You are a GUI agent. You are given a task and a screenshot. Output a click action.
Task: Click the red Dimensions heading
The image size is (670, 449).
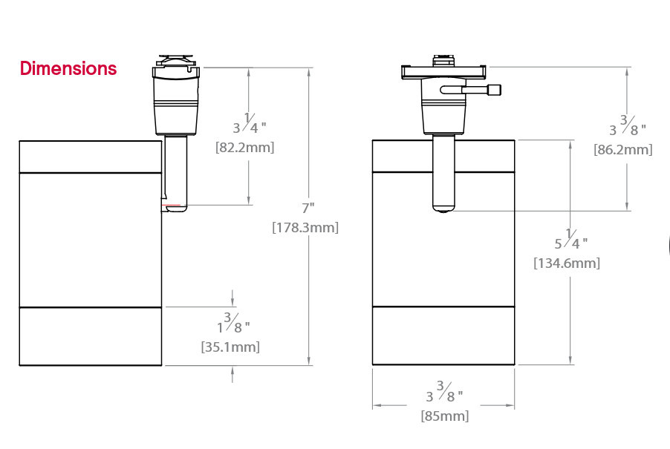(x=68, y=68)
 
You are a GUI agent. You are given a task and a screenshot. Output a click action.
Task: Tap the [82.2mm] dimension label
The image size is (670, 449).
(x=245, y=148)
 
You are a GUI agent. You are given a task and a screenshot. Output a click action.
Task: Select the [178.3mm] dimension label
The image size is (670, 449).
(x=305, y=228)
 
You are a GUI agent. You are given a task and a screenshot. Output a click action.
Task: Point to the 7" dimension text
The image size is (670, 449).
(x=308, y=208)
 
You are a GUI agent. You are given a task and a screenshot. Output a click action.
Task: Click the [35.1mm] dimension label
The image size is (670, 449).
(x=230, y=347)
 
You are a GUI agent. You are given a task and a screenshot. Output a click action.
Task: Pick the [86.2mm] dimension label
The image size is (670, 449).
(x=623, y=150)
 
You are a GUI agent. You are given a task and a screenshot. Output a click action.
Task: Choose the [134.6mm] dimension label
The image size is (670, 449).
(x=567, y=263)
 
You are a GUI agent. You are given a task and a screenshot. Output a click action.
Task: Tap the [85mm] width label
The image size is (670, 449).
(x=445, y=416)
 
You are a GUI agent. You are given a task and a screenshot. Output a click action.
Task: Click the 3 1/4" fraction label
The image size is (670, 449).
(x=250, y=123)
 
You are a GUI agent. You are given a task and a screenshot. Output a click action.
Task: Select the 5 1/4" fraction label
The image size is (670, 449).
(x=571, y=240)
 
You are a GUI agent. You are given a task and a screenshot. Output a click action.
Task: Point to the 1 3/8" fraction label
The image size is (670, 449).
(x=233, y=323)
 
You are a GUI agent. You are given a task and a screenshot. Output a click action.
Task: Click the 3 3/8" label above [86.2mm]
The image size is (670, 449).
(x=627, y=125)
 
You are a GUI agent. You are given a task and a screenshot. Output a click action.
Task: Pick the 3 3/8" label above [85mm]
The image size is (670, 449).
(x=444, y=392)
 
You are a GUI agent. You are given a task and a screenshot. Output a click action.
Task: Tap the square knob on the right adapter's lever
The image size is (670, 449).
(x=495, y=90)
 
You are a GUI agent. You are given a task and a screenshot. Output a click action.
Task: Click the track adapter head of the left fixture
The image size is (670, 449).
(x=176, y=95)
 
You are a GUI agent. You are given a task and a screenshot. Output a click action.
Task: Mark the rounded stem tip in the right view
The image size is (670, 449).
(x=443, y=208)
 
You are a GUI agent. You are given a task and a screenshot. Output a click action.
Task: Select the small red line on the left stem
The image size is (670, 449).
(x=171, y=206)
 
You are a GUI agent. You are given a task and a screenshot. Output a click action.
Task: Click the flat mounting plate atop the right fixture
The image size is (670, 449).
(x=444, y=71)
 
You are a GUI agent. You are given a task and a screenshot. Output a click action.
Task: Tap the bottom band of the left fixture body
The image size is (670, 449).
(x=91, y=336)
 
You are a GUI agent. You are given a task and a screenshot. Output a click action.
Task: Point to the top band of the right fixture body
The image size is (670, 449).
(x=443, y=156)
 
